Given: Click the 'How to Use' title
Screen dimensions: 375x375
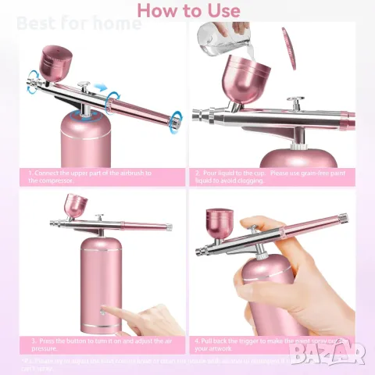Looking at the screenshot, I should [187, 10].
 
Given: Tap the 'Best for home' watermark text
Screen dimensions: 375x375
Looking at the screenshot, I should [78, 23].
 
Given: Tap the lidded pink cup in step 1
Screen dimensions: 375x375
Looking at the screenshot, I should [57, 66].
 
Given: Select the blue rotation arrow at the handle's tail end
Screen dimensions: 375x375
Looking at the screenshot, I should [177, 117].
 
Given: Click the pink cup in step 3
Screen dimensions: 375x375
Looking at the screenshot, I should [76, 206].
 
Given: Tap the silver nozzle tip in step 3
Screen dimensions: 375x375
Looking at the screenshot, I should [55, 223].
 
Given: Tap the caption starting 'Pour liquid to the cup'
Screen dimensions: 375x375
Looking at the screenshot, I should [270, 176].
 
